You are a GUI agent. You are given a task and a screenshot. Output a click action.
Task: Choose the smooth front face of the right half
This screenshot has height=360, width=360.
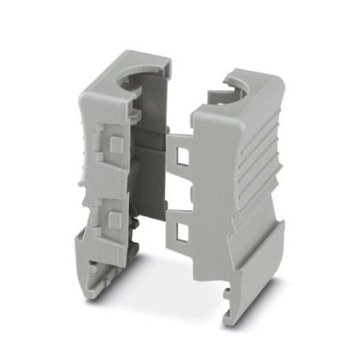(216, 197)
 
